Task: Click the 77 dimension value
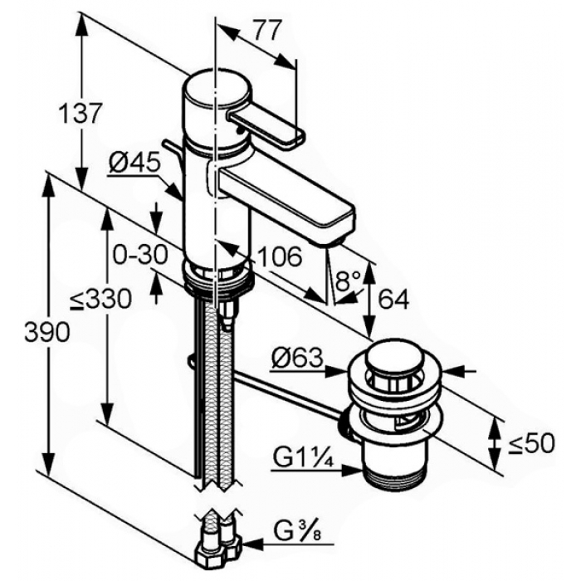click(x=265, y=31)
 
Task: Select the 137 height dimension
click(x=80, y=114)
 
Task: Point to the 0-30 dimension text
click(x=140, y=255)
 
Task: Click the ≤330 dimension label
click(x=100, y=299)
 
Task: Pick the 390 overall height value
click(x=47, y=332)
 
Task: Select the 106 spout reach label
click(x=279, y=256)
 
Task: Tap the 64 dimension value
click(x=394, y=299)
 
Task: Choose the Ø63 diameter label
click(x=297, y=359)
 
